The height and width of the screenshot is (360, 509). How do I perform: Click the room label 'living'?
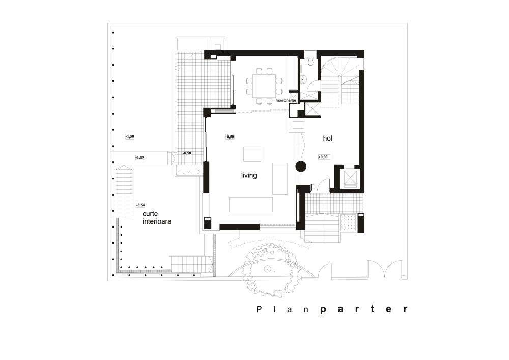tap(249, 175)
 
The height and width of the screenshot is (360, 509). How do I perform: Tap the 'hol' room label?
tap(328, 138)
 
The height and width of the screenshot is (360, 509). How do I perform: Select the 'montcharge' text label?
tap(286, 101)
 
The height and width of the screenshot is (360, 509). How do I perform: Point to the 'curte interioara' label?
tap(156, 218)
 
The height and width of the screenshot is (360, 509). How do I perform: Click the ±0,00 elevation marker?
tap(324, 157)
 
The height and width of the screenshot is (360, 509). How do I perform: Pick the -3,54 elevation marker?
tap(140, 205)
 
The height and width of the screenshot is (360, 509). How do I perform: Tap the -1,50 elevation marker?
tap(130, 136)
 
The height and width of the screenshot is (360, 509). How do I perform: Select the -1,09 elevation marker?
tap(140, 158)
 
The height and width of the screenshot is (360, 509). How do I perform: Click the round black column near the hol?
tap(300, 166)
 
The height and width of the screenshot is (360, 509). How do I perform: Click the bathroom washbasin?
tap(302, 78)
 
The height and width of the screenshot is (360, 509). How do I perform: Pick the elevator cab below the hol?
tap(350, 177)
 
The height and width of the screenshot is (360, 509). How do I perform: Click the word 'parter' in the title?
tap(363, 309)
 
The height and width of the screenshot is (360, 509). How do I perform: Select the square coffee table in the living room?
tap(252, 154)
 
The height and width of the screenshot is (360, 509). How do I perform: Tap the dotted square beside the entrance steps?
tap(348, 222)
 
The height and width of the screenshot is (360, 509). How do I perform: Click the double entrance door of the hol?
tap(320, 187)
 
